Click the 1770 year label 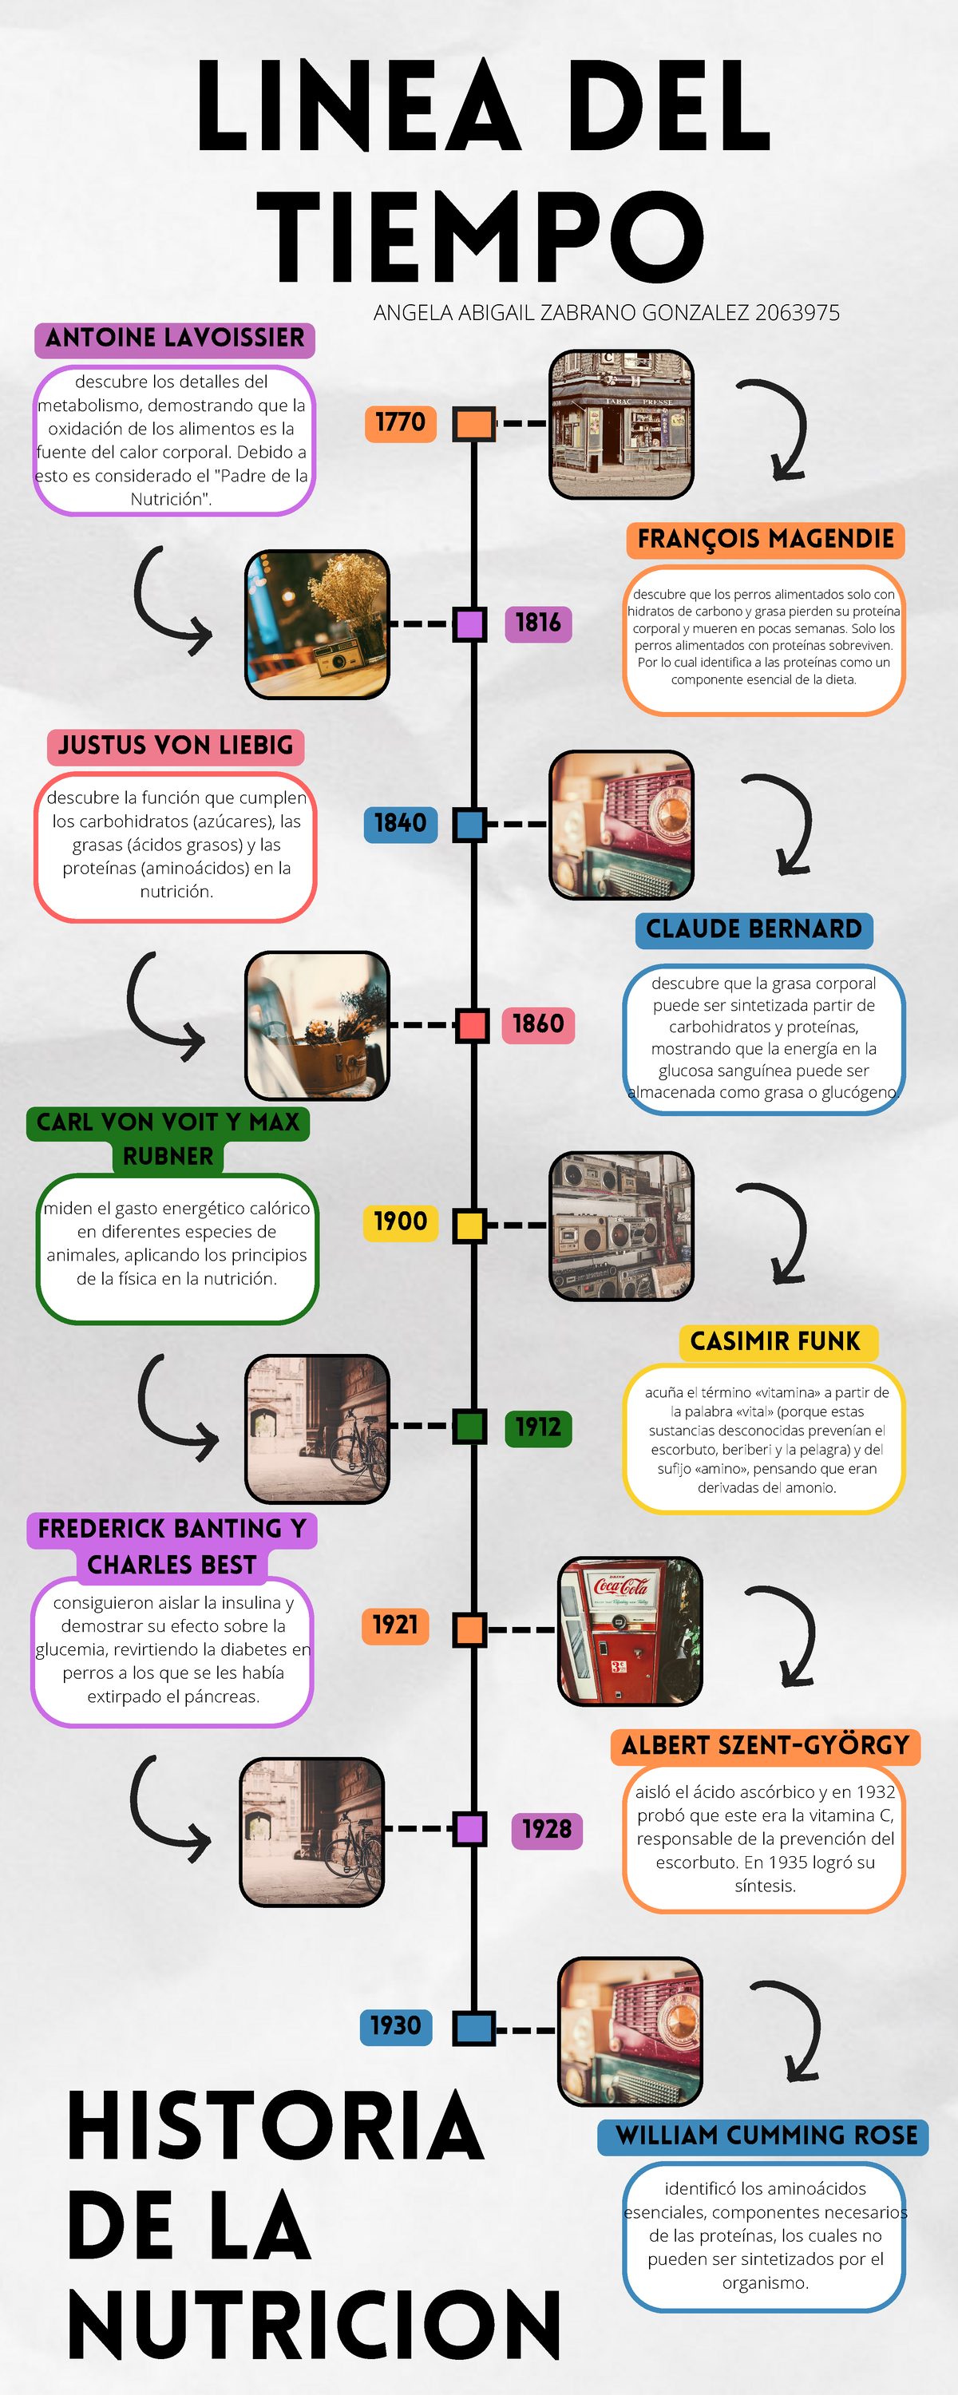(400, 423)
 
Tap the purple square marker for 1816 (469, 623)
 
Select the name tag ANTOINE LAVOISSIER (175, 338)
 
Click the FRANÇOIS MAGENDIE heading (766, 539)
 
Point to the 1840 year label (400, 824)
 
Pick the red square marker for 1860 (472, 1026)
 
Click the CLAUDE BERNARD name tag (754, 930)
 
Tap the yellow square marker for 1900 (469, 1225)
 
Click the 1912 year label (537, 1427)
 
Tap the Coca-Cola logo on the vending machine (621, 1585)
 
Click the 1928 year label (547, 1830)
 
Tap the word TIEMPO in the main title (480, 237)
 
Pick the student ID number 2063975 (797, 312)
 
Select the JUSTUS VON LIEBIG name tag (176, 746)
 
